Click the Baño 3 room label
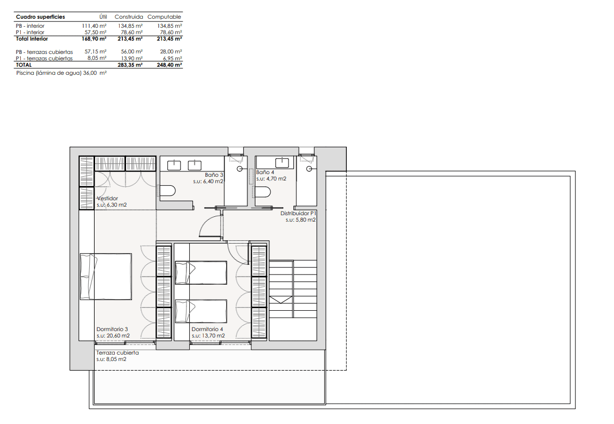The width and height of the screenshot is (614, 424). pyautogui.click(x=214, y=175)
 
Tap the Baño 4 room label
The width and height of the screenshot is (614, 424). pyautogui.click(x=265, y=172)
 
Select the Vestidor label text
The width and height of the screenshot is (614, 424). pyautogui.click(x=107, y=198)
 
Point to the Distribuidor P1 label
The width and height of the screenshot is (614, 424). pyautogui.click(x=298, y=214)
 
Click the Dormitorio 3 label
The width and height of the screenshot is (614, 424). pyautogui.click(x=112, y=329)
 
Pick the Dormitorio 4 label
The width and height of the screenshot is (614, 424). pyautogui.click(x=207, y=329)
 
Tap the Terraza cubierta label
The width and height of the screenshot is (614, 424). pyautogui.click(x=118, y=353)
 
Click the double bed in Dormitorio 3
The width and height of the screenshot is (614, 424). pyautogui.click(x=106, y=277)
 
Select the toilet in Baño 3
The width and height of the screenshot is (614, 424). pyautogui.click(x=168, y=191)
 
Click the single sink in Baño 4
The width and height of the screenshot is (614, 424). pyautogui.click(x=282, y=162)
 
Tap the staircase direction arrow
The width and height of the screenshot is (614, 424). pyautogui.click(x=281, y=300)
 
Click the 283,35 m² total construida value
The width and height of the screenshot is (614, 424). pyautogui.click(x=130, y=65)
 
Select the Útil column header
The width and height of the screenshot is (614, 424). pyautogui.click(x=103, y=17)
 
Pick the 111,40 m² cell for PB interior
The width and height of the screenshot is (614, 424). pyautogui.click(x=95, y=26)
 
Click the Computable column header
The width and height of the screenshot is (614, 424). pyautogui.click(x=164, y=17)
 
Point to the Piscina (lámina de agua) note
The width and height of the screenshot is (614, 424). pyautogui.click(x=61, y=73)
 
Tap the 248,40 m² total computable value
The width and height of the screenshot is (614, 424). pyautogui.click(x=169, y=65)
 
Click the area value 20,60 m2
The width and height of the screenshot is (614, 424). pyautogui.click(x=118, y=335)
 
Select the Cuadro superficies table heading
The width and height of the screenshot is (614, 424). pyautogui.click(x=40, y=17)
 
